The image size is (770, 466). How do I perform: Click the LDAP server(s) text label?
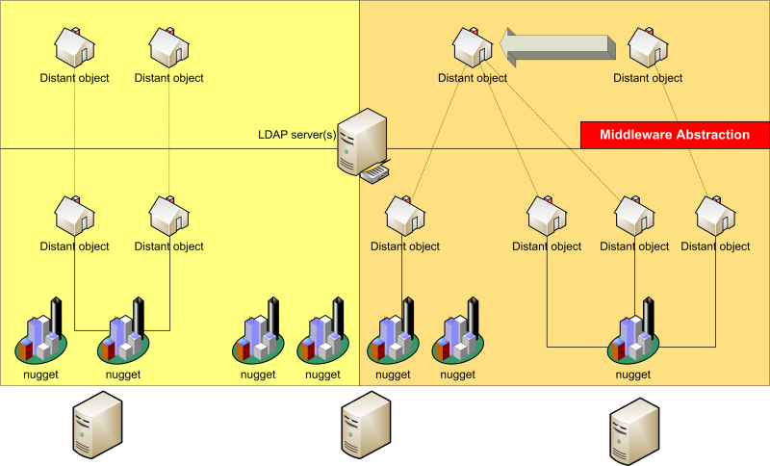(x=296, y=134)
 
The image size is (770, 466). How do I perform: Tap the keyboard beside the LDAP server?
(x=376, y=173)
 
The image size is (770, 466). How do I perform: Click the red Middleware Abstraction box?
(x=675, y=135)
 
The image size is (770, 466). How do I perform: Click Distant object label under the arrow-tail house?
(x=648, y=78)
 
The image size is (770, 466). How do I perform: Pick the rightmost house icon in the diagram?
(x=715, y=215)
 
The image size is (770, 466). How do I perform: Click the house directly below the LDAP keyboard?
(x=405, y=215)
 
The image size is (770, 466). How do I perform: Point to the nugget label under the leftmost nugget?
(x=41, y=375)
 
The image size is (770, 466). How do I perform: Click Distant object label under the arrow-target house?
(x=472, y=78)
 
